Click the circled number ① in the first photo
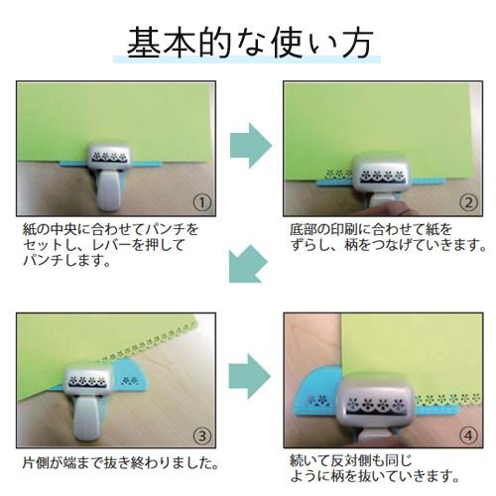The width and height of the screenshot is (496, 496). (201, 202)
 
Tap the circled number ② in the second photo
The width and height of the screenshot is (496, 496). (468, 202)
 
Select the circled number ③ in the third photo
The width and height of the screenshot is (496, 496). (201, 435)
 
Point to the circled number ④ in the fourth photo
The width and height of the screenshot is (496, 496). (468, 435)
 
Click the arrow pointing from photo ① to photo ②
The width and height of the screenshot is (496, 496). (251, 146)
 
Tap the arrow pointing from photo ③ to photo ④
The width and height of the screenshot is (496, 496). (250, 376)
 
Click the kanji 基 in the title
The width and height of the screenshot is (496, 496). (144, 43)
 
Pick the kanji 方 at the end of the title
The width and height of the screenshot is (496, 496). (357, 43)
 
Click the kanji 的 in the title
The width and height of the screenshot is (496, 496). (215, 43)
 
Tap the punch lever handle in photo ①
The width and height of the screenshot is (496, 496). (108, 191)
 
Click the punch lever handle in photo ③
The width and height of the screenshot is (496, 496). (86, 420)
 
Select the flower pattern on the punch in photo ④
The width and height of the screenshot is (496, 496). (373, 404)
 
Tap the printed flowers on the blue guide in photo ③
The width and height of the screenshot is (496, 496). (130, 380)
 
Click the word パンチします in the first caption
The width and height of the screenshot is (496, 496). (66, 261)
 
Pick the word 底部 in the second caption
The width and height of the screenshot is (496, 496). (303, 229)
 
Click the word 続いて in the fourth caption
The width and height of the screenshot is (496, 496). (310, 460)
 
